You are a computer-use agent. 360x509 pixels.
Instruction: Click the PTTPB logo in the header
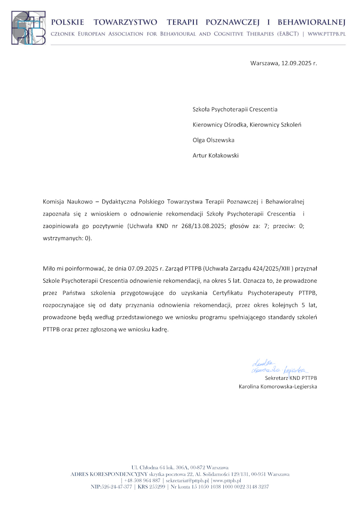coord(28,28)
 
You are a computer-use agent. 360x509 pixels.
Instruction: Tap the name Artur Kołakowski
coord(216,155)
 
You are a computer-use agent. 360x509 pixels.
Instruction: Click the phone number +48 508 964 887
coord(142,480)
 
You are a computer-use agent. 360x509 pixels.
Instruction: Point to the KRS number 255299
coord(157,486)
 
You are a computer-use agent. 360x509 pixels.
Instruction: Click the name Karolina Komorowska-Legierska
coord(278,386)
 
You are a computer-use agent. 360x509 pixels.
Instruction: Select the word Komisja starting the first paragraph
coord(53,202)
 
